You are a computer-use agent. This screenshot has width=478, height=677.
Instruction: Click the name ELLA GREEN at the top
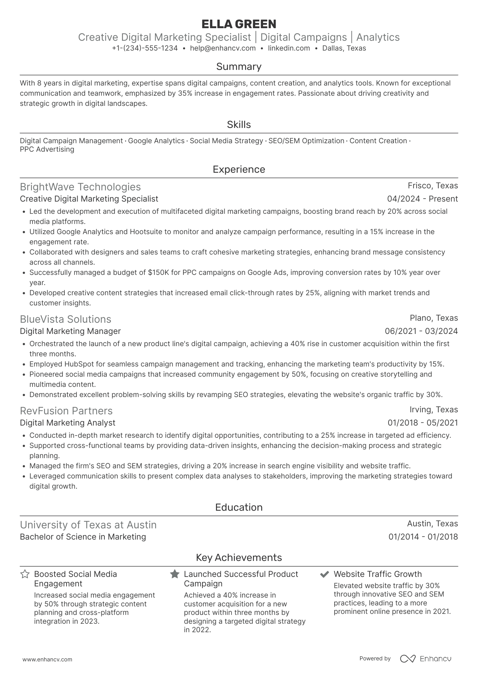[239, 24]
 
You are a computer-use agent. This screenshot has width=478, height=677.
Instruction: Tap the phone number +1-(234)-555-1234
[145, 48]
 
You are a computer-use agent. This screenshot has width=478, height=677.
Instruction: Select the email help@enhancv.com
[223, 48]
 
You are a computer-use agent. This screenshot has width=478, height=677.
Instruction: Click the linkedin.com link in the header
[289, 48]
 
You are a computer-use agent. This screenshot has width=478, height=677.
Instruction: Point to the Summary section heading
[239, 67]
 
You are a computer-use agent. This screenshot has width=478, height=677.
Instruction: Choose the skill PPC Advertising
[47, 149]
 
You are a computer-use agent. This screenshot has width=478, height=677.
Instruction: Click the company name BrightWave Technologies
[80, 187]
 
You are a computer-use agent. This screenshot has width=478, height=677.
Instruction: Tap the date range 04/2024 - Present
[422, 199]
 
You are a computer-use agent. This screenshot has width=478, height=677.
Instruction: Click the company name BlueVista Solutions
[65, 319]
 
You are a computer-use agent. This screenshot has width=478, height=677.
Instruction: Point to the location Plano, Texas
[434, 318]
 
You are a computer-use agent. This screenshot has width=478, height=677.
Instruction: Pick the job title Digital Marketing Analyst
[67, 423]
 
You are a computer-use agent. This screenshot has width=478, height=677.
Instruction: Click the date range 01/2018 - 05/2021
[423, 423]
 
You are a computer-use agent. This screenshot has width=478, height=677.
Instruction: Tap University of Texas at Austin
[88, 525]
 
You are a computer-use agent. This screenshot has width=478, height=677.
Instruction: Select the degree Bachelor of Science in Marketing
[83, 537]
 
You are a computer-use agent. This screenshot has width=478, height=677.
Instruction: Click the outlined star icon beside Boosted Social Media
[25, 574]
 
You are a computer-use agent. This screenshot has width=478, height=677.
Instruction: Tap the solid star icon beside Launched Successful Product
[175, 574]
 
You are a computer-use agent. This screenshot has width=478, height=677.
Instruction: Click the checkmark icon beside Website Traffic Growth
[324, 574]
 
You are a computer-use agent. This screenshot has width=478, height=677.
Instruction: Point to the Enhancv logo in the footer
[425, 659]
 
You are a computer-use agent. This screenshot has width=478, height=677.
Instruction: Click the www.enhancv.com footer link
[47, 660]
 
